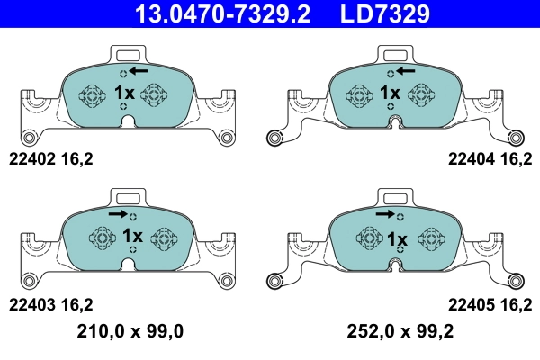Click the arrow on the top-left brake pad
click(139, 70)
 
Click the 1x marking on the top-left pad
click(124, 94)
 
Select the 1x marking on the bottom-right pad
click(396, 238)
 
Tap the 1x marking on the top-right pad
click(389, 94)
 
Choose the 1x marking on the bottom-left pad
click(131, 238)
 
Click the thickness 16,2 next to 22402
click(76, 159)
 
